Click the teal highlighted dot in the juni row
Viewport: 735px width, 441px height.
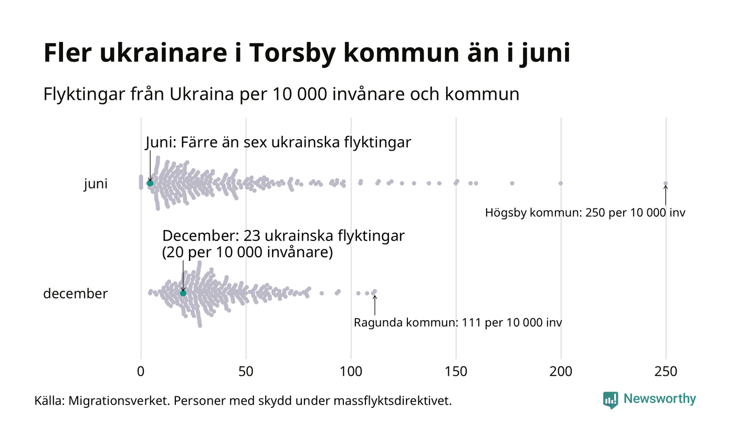pos(150,183)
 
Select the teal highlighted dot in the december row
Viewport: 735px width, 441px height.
pos(183,293)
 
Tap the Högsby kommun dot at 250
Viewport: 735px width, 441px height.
pos(666,183)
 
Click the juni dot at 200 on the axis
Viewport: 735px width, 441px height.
pos(561,183)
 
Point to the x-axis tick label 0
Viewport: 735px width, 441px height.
pos(141,372)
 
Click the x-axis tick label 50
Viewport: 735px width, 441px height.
pos(246,372)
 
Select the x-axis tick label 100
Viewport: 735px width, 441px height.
pos(351,372)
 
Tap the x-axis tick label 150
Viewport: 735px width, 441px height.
pos(456,372)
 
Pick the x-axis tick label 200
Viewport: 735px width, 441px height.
pos(561,372)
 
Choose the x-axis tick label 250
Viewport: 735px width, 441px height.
pos(666,372)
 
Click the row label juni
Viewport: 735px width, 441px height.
pos(96,184)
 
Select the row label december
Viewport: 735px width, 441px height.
pos(75,293)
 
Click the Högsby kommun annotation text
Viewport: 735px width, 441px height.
pos(585,213)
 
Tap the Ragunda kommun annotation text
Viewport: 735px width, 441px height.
pos(457,322)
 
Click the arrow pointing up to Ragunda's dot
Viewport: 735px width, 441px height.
pos(375,305)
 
